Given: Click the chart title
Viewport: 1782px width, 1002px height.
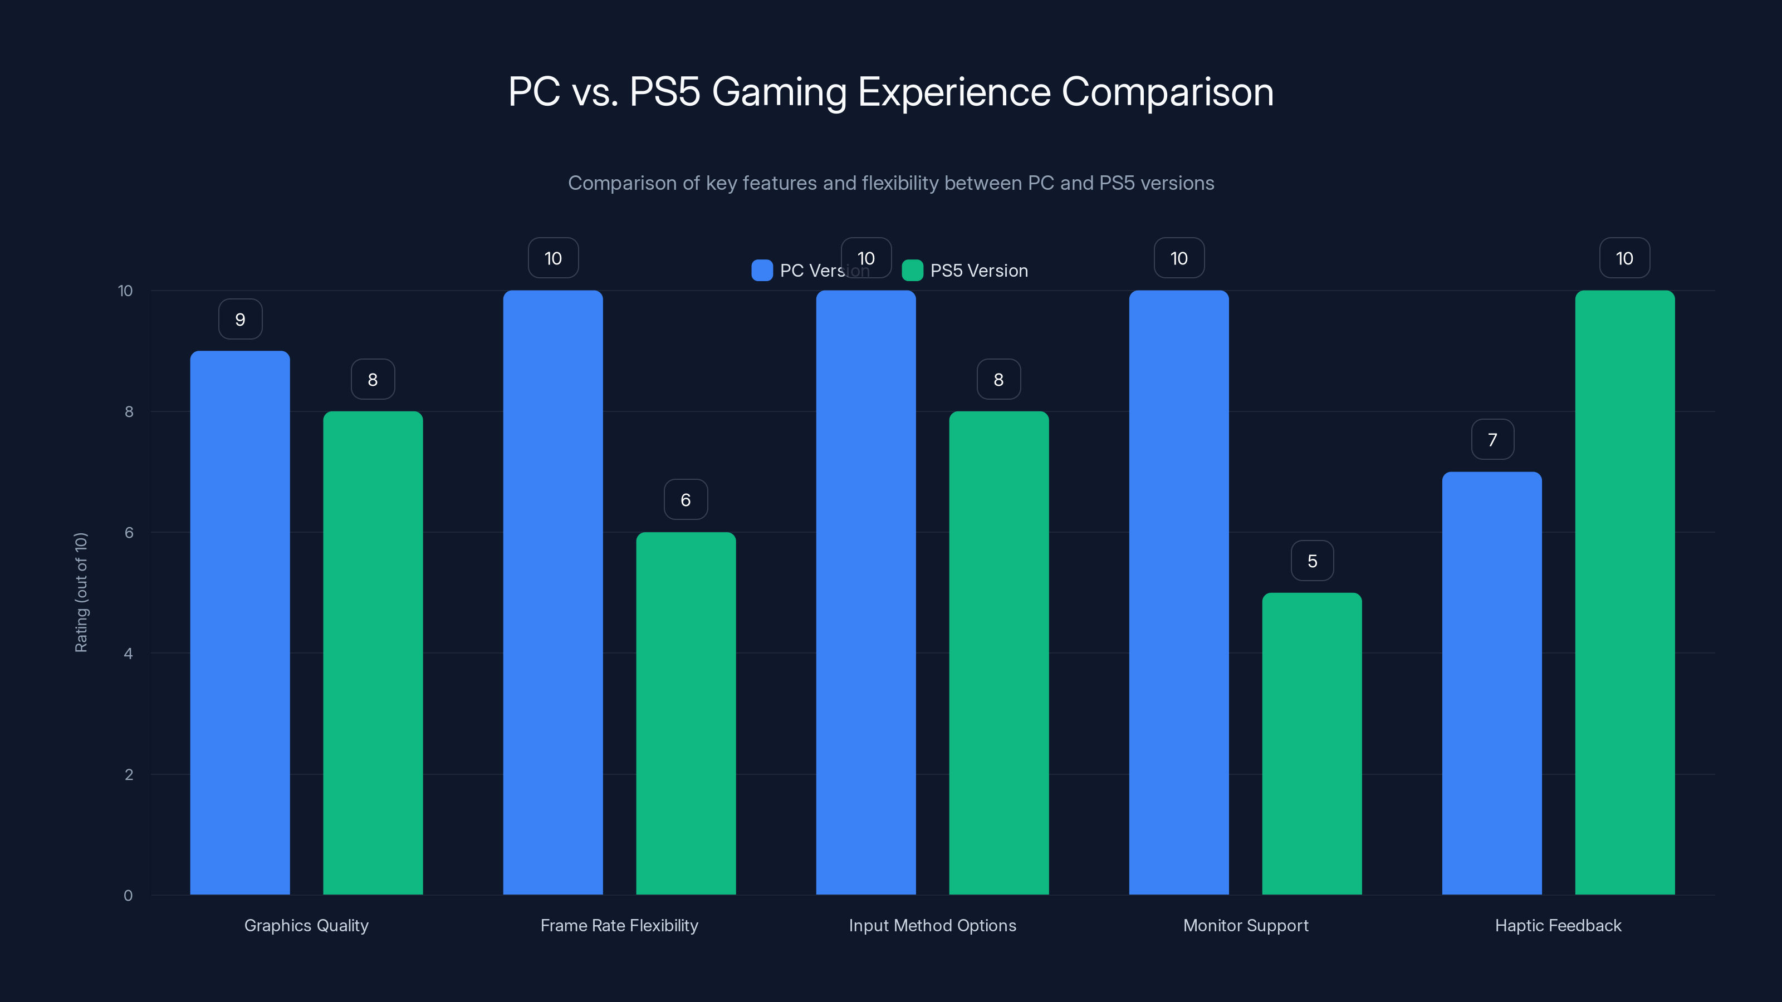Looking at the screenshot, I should point(890,92).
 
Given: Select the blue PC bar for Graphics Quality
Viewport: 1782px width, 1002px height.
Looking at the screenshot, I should point(239,622).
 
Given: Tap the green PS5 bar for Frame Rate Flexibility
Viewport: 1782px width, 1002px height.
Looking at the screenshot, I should point(686,713).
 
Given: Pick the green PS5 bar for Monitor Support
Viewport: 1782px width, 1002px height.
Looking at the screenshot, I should point(1311,743).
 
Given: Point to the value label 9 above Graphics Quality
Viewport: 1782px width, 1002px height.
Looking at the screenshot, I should point(240,320).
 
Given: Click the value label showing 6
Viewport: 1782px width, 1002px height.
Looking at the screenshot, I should point(686,500).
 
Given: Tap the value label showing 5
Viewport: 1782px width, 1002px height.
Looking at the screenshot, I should point(1311,561).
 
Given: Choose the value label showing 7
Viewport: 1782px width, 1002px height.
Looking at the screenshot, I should point(1492,440).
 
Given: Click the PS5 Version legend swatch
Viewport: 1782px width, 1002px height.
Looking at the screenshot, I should point(913,271).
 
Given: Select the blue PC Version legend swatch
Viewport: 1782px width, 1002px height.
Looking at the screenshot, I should point(762,271).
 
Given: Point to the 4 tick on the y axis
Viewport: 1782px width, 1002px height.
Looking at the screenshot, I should point(128,654).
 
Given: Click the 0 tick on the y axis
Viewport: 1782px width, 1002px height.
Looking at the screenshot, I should point(128,896).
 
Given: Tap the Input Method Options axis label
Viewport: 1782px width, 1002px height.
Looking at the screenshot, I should point(932,925).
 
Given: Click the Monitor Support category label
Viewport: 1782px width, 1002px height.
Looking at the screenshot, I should point(1245,925).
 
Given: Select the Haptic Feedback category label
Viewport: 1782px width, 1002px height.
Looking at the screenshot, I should point(1558,925).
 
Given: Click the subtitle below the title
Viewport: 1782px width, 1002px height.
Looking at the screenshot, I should point(890,183).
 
